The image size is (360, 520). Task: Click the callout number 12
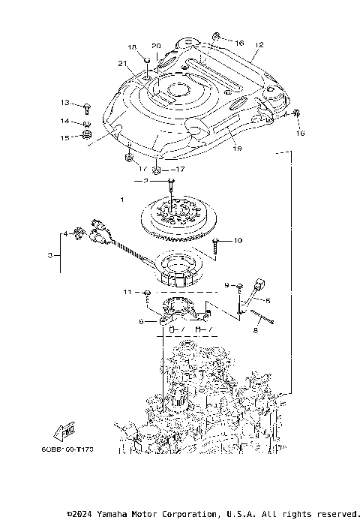259,45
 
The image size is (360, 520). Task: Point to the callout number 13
65,102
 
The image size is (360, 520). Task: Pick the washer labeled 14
87,122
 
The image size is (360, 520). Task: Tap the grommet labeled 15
87,137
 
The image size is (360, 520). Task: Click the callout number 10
238,241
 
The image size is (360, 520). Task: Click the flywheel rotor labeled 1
173,215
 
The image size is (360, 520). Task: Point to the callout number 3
49,256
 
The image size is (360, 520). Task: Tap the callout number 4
65,234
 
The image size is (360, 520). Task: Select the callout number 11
127,291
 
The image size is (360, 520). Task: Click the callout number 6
141,320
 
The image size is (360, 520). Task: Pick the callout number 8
256,328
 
